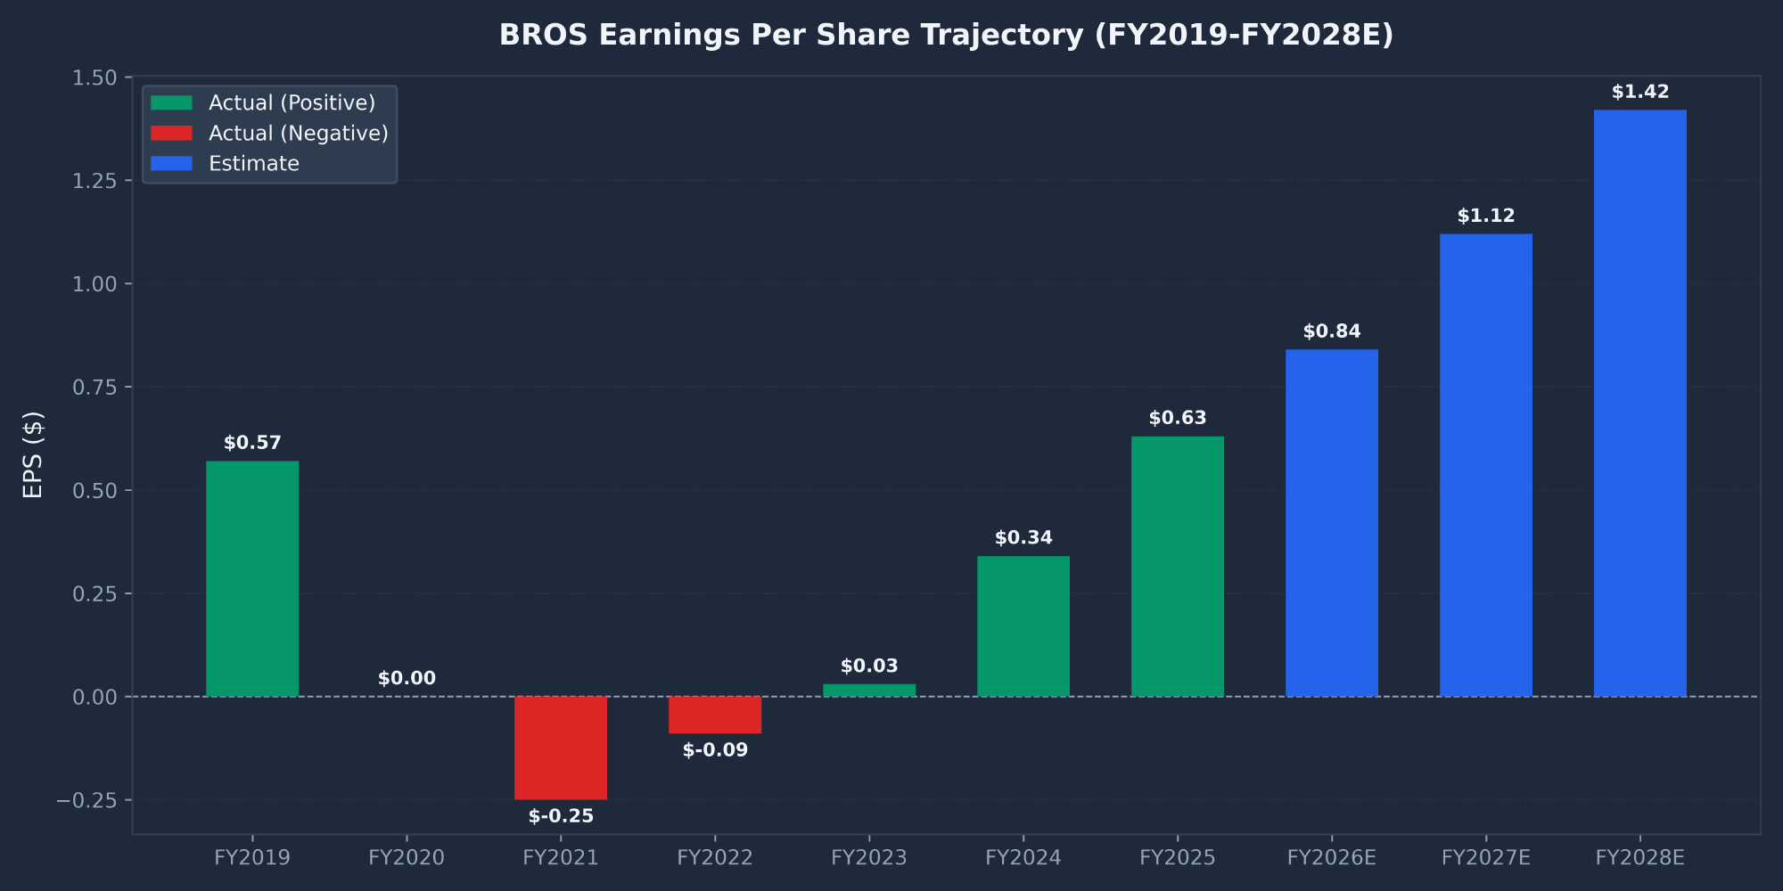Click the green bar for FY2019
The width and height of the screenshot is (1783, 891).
(252, 578)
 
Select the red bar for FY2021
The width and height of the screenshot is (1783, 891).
(561, 748)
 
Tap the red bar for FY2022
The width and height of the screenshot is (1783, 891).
(715, 715)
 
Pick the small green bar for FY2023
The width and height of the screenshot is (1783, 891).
(869, 691)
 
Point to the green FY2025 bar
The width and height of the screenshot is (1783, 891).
(1178, 566)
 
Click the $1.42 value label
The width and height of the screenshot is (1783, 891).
(1640, 93)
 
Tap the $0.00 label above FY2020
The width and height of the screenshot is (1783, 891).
(407, 679)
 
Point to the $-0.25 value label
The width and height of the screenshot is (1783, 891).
(561, 817)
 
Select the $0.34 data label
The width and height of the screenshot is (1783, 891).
(1023, 538)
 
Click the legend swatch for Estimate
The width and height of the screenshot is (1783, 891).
(171, 164)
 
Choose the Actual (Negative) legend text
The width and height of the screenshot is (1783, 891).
(298, 134)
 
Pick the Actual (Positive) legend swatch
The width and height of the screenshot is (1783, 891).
(171, 103)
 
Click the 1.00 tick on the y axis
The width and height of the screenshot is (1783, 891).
(94, 284)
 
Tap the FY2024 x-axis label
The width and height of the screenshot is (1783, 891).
(1023, 858)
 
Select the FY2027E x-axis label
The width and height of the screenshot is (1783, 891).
(1486, 858)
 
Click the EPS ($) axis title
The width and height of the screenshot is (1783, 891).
(33, 454)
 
